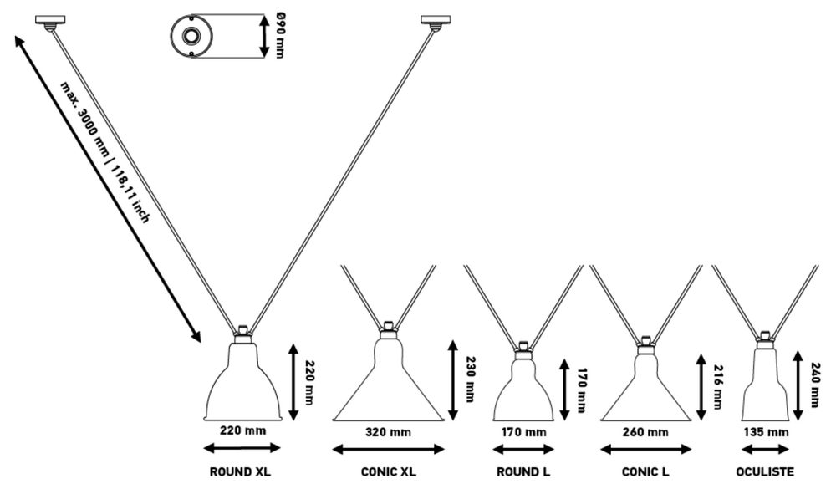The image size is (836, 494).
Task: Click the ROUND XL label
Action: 241,472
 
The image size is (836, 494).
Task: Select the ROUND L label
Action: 523,472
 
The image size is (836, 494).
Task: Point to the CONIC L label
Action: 645,472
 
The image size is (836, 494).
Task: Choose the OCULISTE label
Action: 767,472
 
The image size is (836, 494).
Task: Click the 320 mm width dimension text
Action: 389,432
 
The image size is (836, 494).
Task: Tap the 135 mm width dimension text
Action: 767,432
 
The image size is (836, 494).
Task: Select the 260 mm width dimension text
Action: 646,432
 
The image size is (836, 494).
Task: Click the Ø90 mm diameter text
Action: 279,36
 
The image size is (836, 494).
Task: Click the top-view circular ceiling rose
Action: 191,36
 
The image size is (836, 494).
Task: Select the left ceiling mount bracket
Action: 49,21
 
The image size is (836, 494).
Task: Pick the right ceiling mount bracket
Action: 435,20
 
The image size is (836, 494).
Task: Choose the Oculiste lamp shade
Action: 766,385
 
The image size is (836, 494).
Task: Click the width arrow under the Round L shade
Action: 523,449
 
